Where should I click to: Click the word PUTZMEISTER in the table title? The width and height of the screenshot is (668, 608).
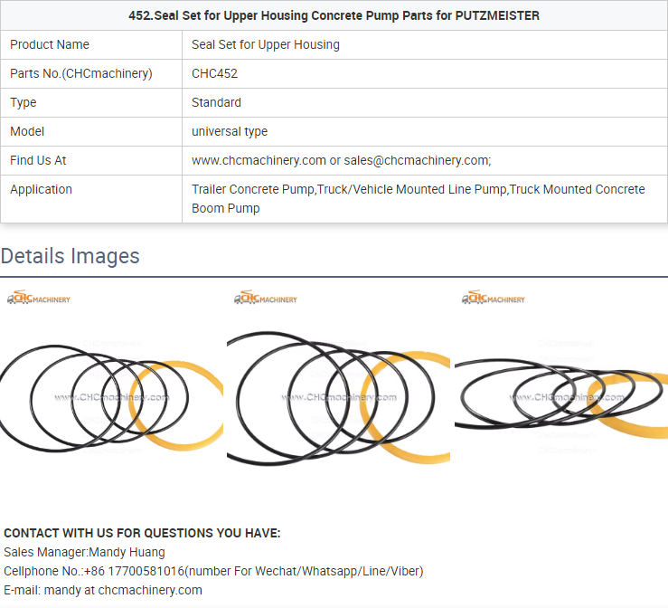click(x=497, y=15)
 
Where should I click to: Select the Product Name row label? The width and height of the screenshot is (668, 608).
click(x=50, y=44)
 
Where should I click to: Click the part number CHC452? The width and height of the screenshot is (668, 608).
click(x=214, y=74)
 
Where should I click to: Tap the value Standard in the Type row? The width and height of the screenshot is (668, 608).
click(x=216, y=103)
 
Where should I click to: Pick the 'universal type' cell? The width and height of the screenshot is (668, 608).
click(x=230, y=132)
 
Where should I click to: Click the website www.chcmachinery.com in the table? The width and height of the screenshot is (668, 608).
click(x=259, y=161)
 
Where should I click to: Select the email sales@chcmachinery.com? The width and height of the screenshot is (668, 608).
click(x=417, y=161)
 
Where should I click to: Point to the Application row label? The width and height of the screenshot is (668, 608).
click(x=41, y=190)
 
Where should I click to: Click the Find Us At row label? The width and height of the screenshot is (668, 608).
click(x=38, y=161)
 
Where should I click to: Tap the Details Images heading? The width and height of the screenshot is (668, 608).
click(x=70, y=256)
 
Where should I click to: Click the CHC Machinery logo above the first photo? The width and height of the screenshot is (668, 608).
click(x=39, y=298)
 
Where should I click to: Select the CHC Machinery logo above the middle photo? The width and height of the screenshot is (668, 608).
click(x=266, y=298)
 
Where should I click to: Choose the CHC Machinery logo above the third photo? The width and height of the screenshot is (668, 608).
click(x=494, y=298)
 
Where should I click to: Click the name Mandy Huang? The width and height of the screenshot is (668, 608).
click(x=127, y=553)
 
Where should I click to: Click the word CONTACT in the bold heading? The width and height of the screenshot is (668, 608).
click(x=32, y=534)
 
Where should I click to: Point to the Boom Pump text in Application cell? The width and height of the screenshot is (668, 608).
click(x=225, y=208)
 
